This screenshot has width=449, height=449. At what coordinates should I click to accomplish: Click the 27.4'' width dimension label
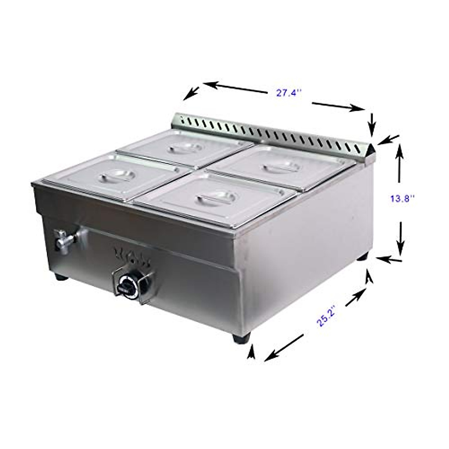point(288,93)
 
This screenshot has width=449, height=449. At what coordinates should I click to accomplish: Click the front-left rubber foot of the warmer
point(61,277)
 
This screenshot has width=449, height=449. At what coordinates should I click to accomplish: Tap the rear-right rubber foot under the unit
point(362,258)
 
